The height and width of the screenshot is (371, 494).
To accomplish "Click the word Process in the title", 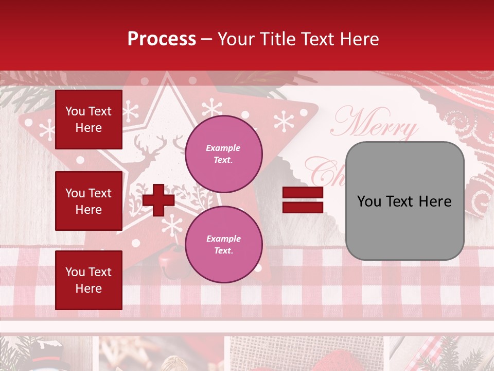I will (x=162, y=39).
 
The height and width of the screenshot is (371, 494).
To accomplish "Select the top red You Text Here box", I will (x=89, y=120).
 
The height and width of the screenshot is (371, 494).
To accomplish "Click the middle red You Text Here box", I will (x=89, y=201).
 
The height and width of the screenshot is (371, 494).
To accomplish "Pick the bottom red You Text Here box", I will (x=89, y=280).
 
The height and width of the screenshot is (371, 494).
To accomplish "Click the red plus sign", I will (x=158, y=200).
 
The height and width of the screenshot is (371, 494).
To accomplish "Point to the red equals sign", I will (x=303, y=200).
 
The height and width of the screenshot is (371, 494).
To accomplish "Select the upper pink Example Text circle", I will (x=223, y=154).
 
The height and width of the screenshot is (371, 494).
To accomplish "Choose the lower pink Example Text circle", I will (x=223, y=244).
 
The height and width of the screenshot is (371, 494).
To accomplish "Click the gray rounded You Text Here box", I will (x=404, y=201).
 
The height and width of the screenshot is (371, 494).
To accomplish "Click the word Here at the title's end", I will (x=361, y=39).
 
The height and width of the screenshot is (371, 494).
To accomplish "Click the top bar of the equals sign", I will (x=303, y=193).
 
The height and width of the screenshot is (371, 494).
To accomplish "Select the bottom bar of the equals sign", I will (x=303, y=207).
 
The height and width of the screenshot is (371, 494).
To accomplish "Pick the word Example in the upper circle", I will (x=223, y=148).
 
